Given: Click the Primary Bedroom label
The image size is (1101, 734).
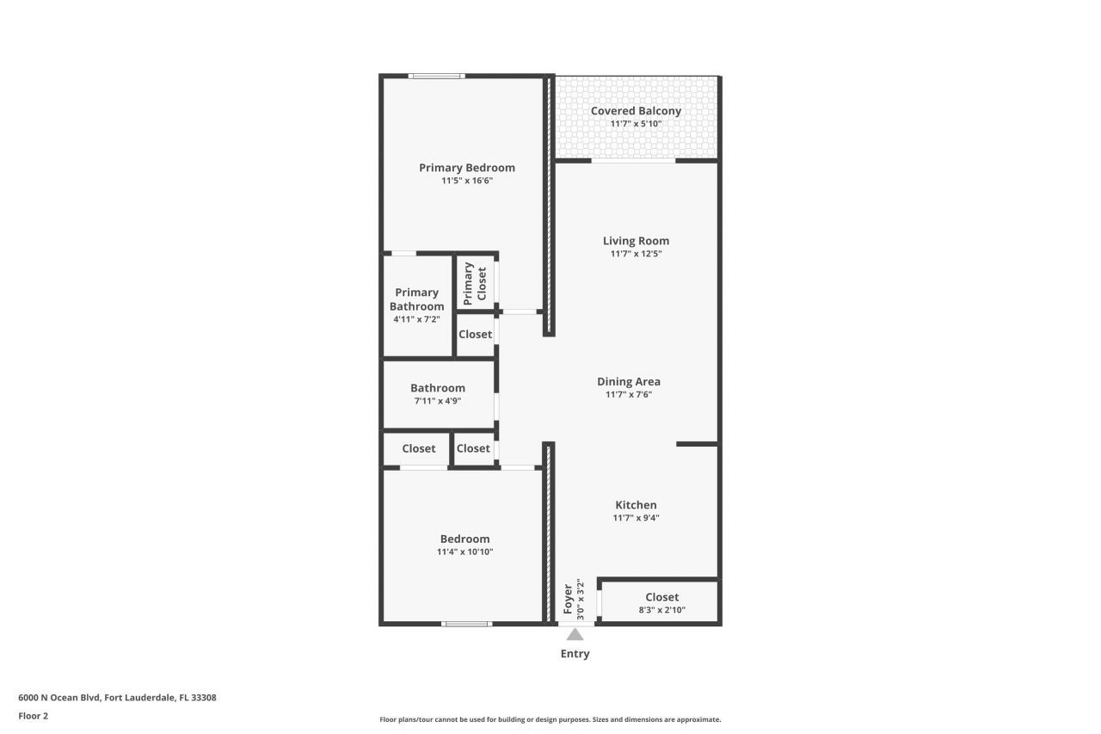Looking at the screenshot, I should click(466, 168).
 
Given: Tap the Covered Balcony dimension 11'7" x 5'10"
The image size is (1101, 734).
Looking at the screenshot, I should click(636, 124).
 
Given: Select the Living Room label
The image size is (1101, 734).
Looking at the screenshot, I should click(636, 241).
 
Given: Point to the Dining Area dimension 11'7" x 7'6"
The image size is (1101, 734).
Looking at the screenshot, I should click(628, 395).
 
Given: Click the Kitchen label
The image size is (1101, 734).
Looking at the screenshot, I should click(636, 505).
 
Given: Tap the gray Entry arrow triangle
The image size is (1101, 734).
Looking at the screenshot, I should click(575, 635).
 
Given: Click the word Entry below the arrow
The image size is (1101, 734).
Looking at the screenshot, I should click(575, 654).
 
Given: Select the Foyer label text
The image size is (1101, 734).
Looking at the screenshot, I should click(568, 599).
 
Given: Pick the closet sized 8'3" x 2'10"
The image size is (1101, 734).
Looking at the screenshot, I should click(661, 602).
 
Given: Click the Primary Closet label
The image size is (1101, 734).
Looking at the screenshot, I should click(475, 284).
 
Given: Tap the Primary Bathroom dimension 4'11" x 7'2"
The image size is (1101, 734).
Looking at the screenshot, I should click(416, 319).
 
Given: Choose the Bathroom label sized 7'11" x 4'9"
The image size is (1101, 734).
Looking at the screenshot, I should click(437, 388).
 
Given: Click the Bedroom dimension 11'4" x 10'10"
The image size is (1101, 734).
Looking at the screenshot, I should click(464, 552).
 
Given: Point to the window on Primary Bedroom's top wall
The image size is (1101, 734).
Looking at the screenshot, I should click(437, 77).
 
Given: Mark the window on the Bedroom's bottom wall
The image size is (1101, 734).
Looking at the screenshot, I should click(466, 623).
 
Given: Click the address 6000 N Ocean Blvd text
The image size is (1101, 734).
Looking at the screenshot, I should click(117, 698).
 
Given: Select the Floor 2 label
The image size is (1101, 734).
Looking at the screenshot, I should click(33, 716).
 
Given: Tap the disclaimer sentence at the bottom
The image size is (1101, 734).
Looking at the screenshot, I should click(550, 719).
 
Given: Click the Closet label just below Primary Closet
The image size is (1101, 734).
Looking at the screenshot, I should click(475, 334).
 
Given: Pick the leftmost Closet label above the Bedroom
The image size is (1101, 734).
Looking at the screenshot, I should click(418, 448).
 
